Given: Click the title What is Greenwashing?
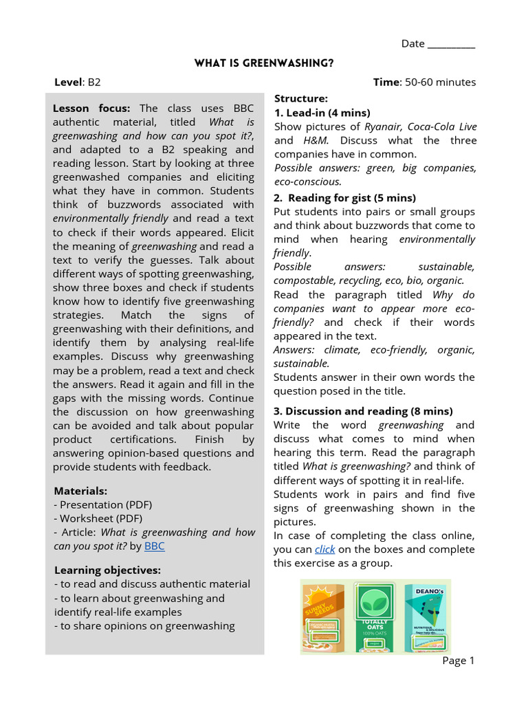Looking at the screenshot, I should [x=264, y=63].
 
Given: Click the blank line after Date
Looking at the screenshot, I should [x=451, y=44].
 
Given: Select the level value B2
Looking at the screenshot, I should [x=93, y=82].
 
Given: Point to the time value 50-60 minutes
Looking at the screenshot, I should [x=440, y=82].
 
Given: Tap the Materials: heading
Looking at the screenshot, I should [x=80, y=491].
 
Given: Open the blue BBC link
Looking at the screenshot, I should [x=155, y=547].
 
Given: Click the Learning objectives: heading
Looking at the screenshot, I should [x=107, y=571].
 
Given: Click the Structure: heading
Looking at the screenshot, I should [x=301, y=99].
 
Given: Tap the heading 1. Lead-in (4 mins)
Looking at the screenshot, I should [x=322, y=113].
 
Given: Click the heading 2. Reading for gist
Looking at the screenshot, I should [x=344, y=198].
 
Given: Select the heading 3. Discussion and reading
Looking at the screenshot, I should [x=363, y=411].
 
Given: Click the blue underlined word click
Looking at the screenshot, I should [x=324, y=549].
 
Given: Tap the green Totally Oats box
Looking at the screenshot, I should [x=375, y=617].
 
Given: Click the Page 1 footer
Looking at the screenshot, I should [x=459, y=661].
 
